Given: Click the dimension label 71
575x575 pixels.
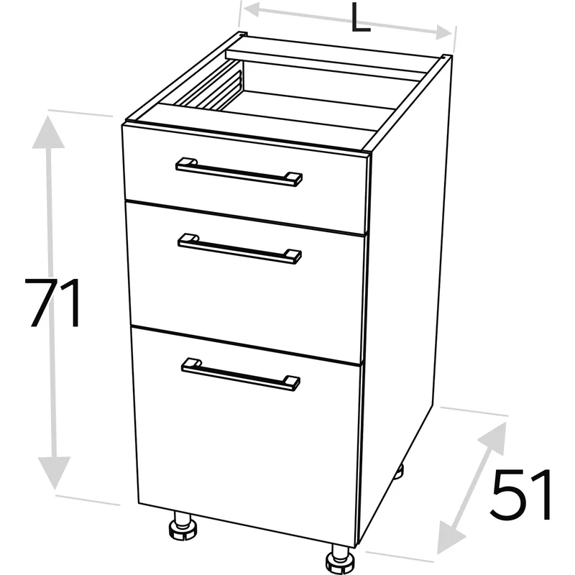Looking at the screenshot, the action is pyautogui.click(x=52, y=303).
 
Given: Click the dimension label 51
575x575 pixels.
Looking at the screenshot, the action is pyautogui.click(x=522, y=494).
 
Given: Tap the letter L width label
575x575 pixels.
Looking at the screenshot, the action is pyautogui.click(x=361, y=18).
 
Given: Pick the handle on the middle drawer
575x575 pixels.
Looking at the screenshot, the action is pyautogui.click(x=239, y=249).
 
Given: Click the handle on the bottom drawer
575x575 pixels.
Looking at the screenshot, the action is pyautogui.click(x=241, y=374).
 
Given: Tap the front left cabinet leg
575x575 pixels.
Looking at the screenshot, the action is pyautogui.click(x=183, y=526).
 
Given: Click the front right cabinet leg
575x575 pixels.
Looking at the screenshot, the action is pyautogui.click(x=340, y=558).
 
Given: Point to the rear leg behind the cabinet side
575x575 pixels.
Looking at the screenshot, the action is pyautogui.click(x=399, y=471).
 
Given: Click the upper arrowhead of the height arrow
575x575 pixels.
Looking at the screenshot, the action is pyautogui.click(x=48, y=133).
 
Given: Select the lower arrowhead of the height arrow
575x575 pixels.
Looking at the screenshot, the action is pyautogui.click(x=55, y=472).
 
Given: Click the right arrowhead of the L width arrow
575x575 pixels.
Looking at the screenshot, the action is pyautogui.click(x=443, y=32).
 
